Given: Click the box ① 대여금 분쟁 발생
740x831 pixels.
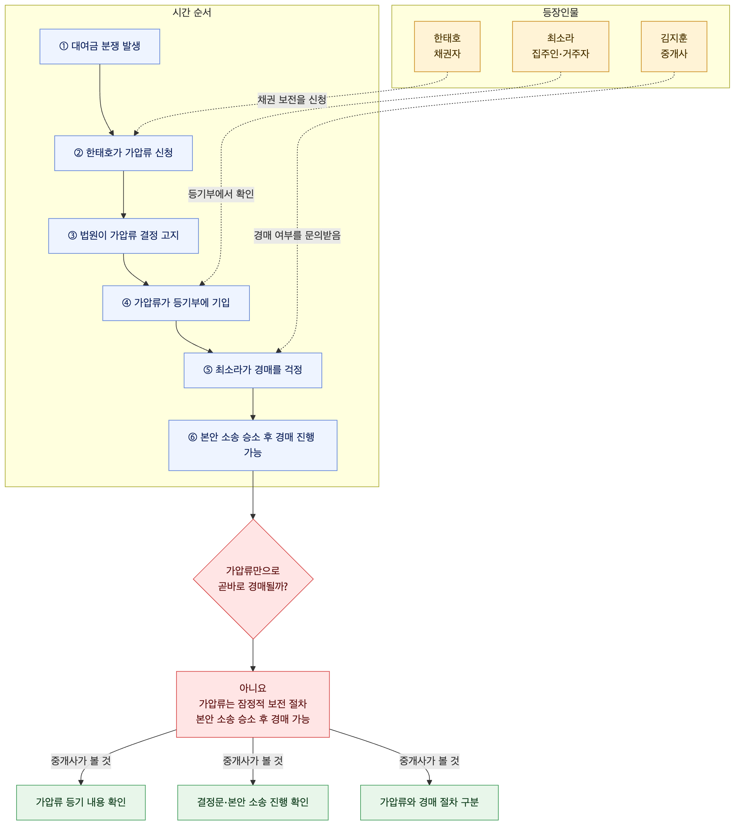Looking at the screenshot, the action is (x=100, y=46).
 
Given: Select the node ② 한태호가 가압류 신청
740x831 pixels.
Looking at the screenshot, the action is (x=123, y=153).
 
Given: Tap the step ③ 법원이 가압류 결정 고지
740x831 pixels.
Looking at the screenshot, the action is (x=123, y=236).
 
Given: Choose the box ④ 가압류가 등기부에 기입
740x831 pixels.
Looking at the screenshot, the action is (x=176, y=303).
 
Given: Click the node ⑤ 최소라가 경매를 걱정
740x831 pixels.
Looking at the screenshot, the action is (x=253, y=370).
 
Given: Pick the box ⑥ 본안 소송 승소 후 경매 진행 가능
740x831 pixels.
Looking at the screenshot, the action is (x=253, y=445).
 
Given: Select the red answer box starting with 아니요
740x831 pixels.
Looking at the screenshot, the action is (x=253, y=704).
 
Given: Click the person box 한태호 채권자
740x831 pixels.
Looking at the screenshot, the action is (x=447, y=46).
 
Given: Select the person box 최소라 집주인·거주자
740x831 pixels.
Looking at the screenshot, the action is (x=561, y=46).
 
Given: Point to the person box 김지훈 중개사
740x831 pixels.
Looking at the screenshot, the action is (x=674, y=46).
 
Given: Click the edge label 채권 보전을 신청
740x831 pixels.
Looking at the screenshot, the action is (x=292, y=100).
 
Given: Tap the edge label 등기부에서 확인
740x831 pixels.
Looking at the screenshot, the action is (x=221, y=194).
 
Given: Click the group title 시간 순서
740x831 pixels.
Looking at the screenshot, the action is (x=192, y=13).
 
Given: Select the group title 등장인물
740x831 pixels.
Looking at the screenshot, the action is (x=561, y=13).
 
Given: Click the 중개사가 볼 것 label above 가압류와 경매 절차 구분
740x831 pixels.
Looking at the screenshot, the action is (x=429, y=761).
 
